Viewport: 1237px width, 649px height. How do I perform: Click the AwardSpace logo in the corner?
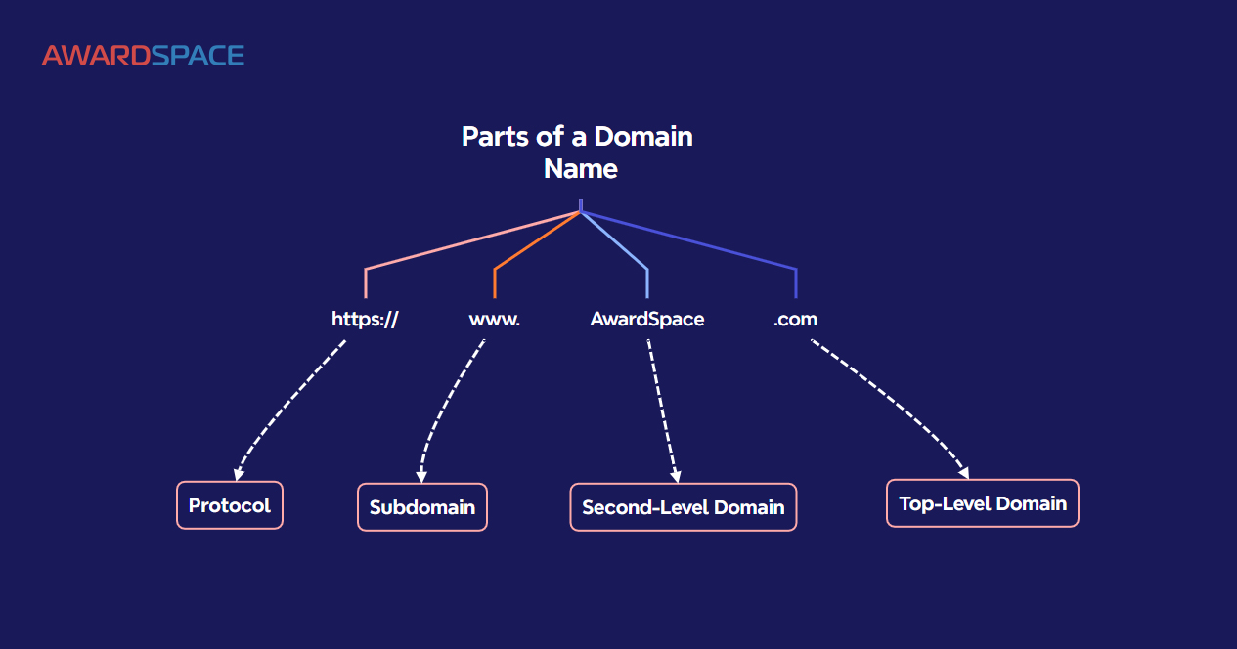pyautogui.click(x=143, y=56)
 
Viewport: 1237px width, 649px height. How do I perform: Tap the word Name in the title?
pyautogui.click(x=581, y=168)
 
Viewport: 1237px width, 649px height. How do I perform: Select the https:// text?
pyautogui.click(x=365, y=319)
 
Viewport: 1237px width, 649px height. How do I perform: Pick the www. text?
pyautogui.click(x=494, y=319)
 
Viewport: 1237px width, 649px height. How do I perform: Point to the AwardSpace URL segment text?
pyautogui.click(x=646, y=319)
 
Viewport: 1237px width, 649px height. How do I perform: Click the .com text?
pyautogui.click(x=795, y=319)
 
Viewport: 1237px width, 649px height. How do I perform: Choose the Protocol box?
pyautogui.click(x=230, y=505)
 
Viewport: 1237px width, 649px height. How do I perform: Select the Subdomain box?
pyautogui.click(x=422, y=507)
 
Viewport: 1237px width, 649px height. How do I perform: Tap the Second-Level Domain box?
pyautogui.click(x=684, y=507)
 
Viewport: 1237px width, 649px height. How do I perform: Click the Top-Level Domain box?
pyautogui.click(x=983, y=503)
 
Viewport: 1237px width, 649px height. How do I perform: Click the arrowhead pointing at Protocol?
pyautogui.click(x=239, y=474)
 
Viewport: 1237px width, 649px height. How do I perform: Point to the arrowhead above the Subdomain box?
pyautogui.click(x=421, y=476)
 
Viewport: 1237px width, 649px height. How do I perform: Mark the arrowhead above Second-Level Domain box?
pyautogui.click(x=675, y=476)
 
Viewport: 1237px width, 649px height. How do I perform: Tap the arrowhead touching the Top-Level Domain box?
pyautogui.click(x=963, y=473)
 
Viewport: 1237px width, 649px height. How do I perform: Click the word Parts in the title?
pyautogui.click(x=493, y=136)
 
